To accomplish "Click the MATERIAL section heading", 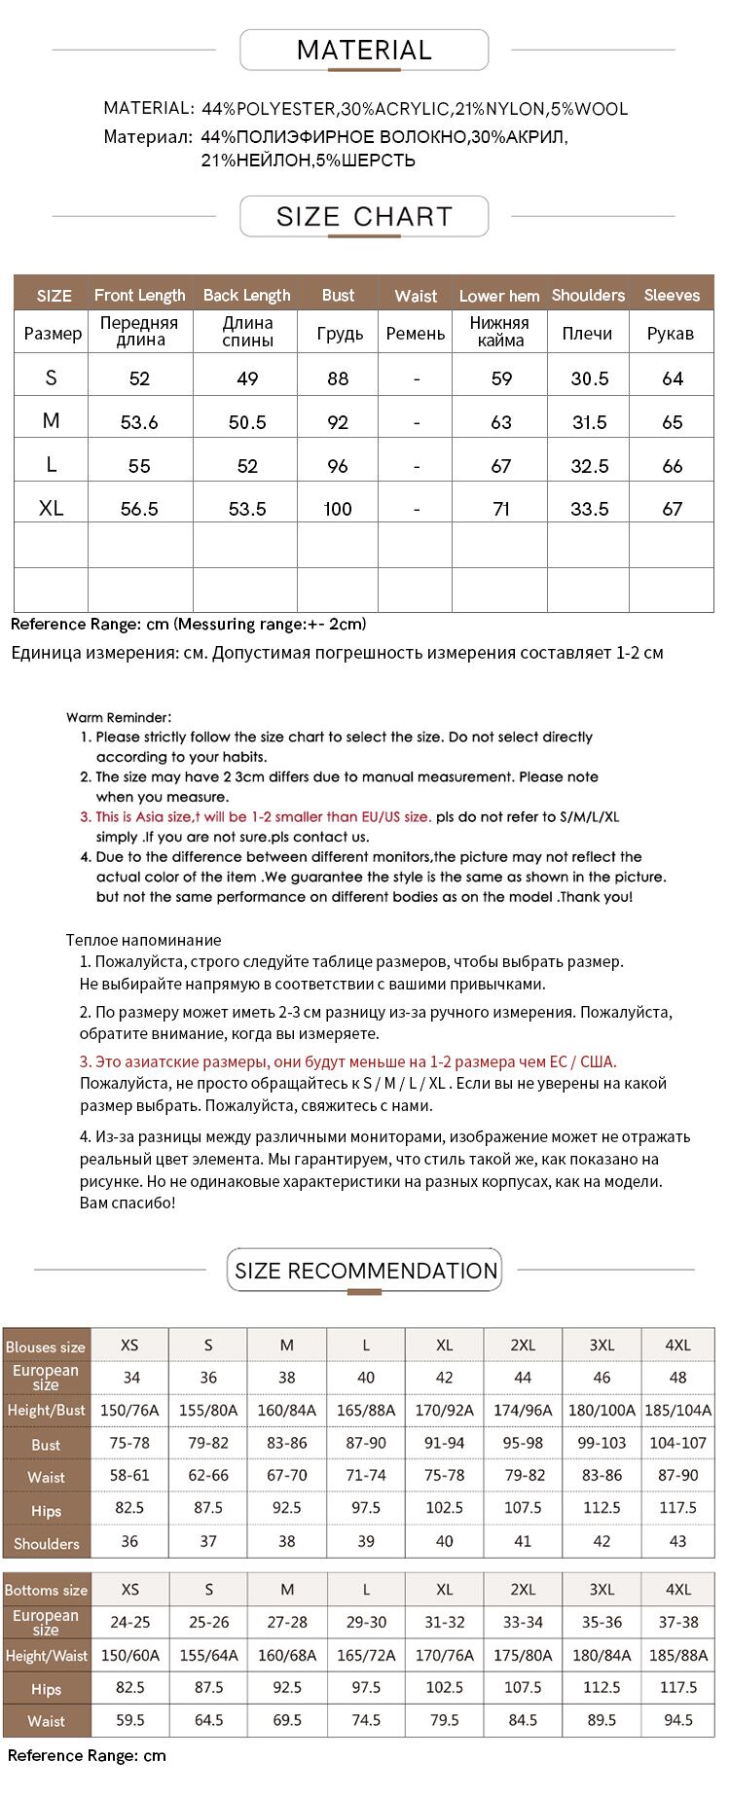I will [x=364, y=51].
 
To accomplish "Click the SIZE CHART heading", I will [x=364, y=216].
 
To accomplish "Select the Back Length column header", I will [x=246, y=295].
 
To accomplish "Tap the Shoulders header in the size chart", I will [x=588, y=295].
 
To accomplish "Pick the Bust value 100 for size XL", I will [x=338, y=508].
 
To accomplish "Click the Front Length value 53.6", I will [x=139, y=422].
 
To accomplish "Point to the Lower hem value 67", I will [x=501, y=466].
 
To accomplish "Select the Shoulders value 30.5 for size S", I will [x=590, y=378].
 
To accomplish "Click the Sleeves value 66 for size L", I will [x=673, y=466].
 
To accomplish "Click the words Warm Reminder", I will [x=119, y=717].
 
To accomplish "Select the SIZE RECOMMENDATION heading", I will [x=365, y=1271].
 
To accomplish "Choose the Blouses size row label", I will [x=46, y=1347].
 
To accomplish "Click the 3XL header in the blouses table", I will [x=602, y=1345].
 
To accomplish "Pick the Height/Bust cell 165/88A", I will [x=366, y=1410].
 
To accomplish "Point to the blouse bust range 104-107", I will [x=677, y=1443].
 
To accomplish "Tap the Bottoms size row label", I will [x=46, y=1590].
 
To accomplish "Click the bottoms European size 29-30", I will [x=366, y=1622].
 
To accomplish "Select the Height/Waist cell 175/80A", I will [x=523, y=1655].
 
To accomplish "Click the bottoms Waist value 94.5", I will [x=677, y=1720].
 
